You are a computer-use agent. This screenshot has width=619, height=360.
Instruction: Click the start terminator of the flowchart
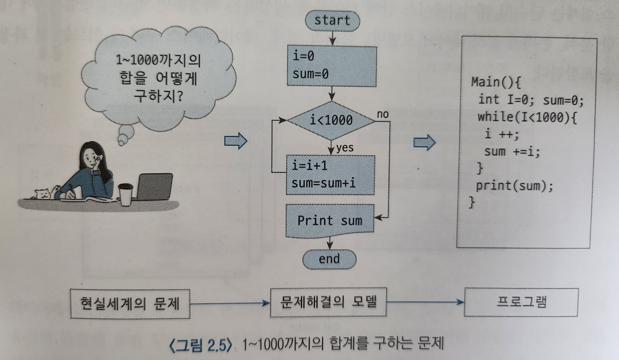tap(332, 20)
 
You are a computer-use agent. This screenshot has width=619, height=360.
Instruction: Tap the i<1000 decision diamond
tap(331, 120)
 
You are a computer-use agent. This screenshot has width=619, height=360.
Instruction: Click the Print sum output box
tap(330, 221)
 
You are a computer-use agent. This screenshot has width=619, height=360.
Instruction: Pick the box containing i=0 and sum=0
tap(331, 65)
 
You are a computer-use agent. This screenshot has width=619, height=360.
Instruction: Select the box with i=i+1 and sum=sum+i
tap(330, 175)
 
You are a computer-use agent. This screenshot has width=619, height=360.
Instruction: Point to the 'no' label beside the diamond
tap(383, 114)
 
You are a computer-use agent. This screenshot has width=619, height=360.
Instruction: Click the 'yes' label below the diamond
tap(345, 148)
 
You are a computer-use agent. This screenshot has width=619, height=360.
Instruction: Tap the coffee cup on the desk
tap(126, 194)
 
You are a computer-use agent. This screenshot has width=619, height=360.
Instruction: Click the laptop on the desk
tap(154, 187)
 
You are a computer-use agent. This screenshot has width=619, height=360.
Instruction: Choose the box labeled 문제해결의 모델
tap(328, 301)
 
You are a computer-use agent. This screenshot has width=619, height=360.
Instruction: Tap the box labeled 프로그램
tap(521, 302)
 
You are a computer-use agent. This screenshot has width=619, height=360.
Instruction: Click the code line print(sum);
tap(514, 185)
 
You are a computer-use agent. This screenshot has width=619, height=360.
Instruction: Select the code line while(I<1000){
tap(527, 117)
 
